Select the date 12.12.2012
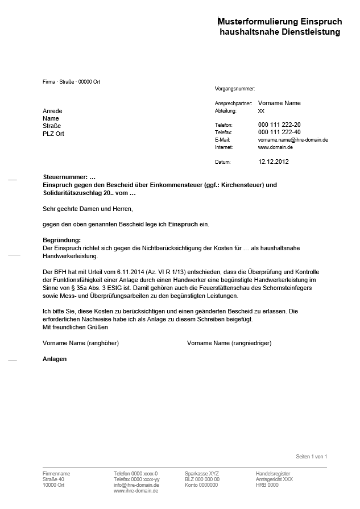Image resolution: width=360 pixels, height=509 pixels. coord(274,162)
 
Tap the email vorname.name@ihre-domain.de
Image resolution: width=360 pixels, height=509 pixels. coord(293,139)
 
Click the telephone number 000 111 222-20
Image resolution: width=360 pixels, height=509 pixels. coord(279,125)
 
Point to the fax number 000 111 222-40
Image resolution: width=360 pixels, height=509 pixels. coord(279,132)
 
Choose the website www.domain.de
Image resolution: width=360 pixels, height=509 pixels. coord(275,147)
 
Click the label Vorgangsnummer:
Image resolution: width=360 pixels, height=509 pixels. coord(235,89)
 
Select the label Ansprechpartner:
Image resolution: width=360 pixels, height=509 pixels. coord(233,104)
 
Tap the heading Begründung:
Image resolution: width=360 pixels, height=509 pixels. coord(62,240)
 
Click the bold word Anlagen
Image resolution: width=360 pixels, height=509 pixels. coord(55,359)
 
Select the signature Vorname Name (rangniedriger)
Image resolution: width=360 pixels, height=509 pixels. coord(229,344)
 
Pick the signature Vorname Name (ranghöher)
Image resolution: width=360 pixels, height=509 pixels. coord(81,344)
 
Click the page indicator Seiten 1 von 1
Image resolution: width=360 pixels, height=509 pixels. coord(311,457)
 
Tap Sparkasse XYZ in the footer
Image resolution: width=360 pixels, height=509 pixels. coord(201,473)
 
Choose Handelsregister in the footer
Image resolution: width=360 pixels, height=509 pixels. coord(272,473)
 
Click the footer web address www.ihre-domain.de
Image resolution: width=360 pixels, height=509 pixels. coord(136,490)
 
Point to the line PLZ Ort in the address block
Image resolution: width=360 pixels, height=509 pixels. coord(53,133)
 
